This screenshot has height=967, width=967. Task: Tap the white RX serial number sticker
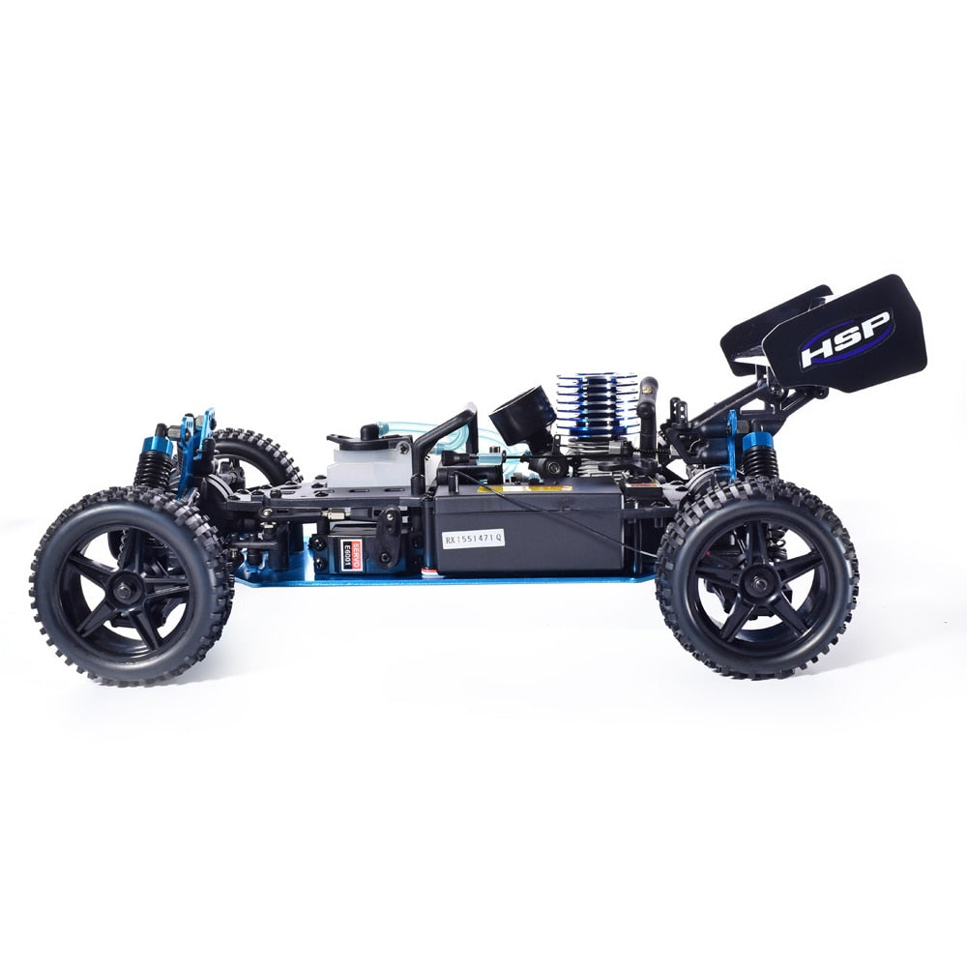click(x=473, y=538)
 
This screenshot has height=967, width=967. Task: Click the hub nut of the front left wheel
click(x=132, y=587)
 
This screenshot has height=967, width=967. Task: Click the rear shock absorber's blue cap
click(x=757, y=442)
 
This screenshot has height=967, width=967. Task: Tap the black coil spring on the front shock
click(x=153, y=471)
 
